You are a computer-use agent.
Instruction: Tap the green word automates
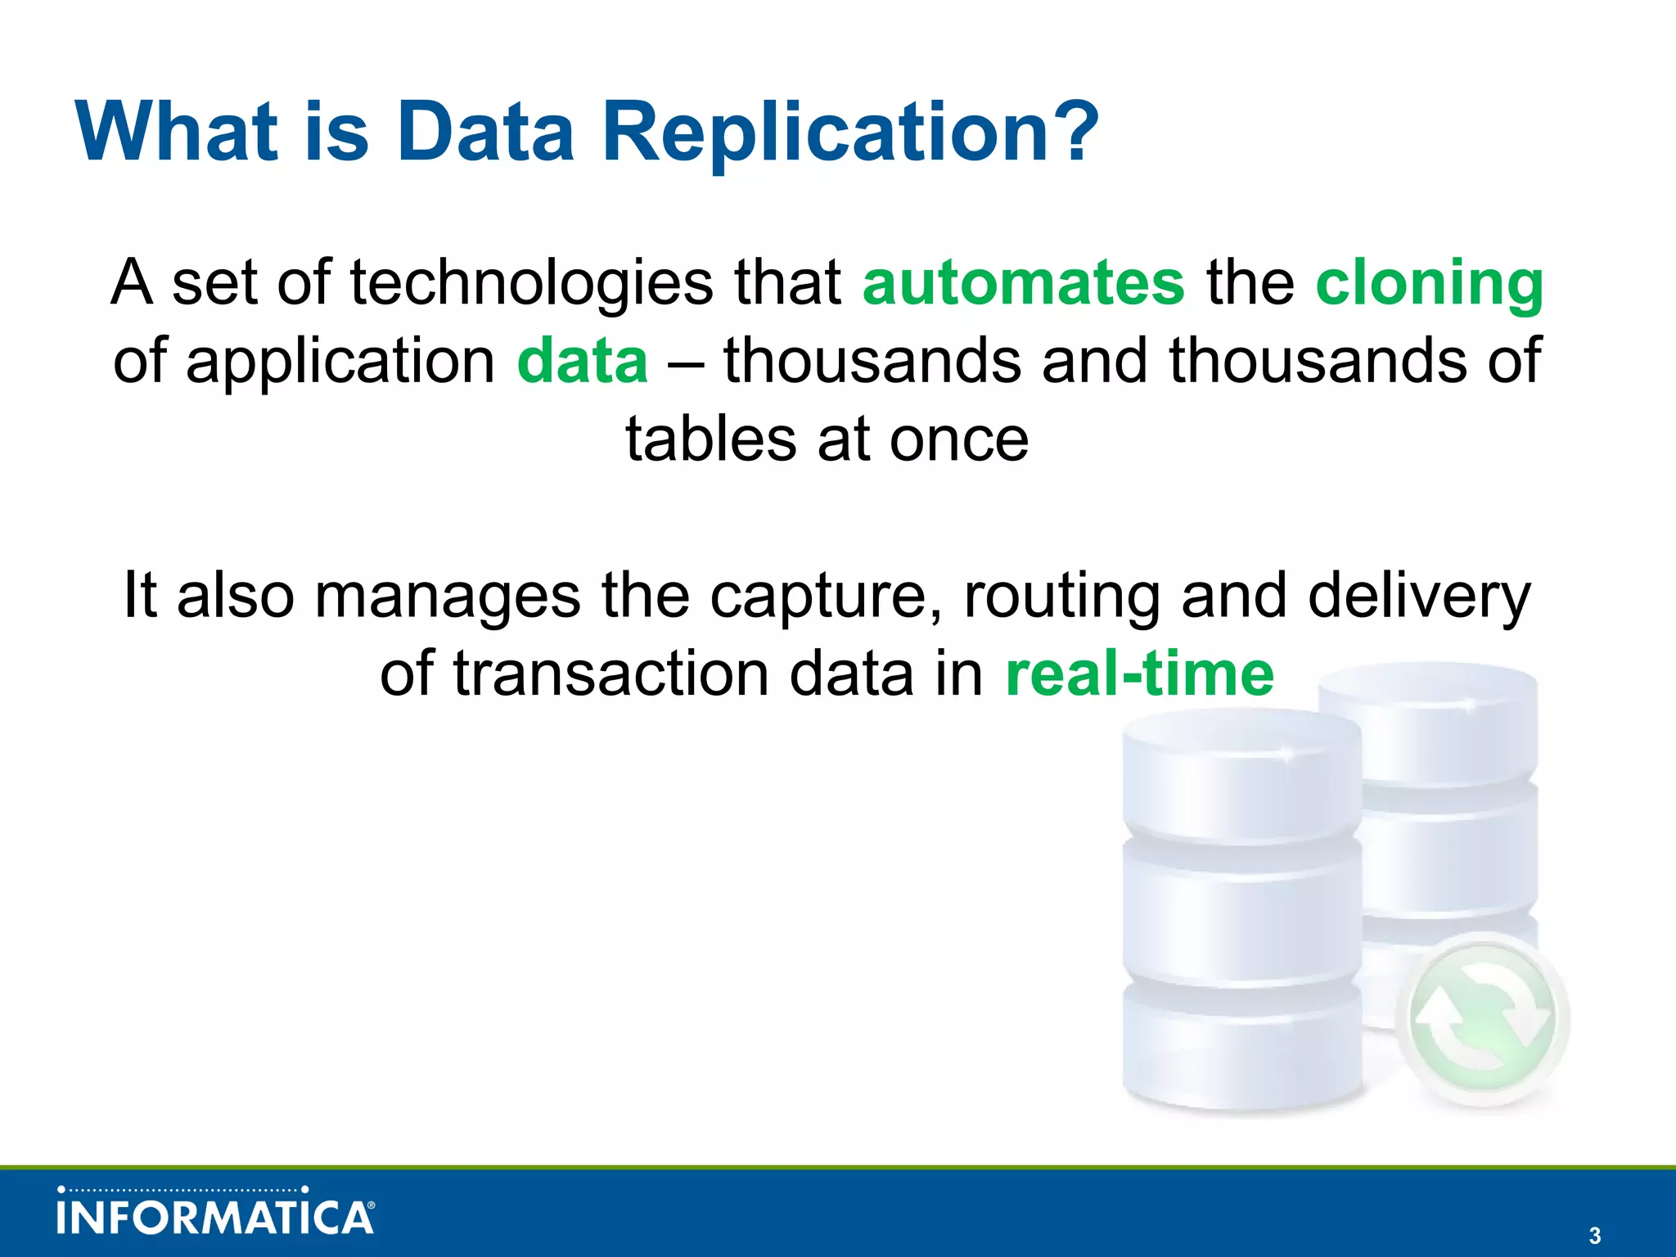[1023, 283]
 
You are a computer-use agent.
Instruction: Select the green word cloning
[1429, 283]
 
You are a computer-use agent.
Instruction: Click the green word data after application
[582, 361]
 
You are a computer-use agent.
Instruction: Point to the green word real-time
[1139, 674]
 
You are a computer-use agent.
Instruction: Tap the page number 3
[1594, 1236]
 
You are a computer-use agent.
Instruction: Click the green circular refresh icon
[1483, 1019]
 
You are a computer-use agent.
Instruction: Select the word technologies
[531, 283]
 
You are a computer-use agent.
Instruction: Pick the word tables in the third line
[710, 439]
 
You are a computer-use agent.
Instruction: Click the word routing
[1062, 596]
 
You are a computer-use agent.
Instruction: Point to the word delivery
[1418, 596]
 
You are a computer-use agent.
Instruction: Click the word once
[958, 439]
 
